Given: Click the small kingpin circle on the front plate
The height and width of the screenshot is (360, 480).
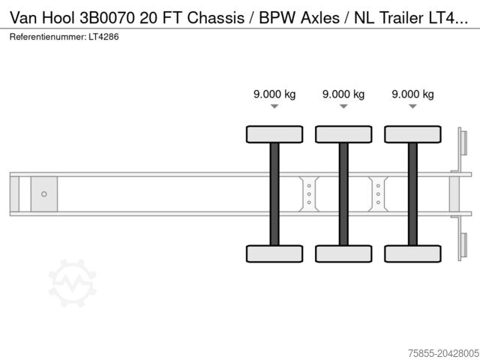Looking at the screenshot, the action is click(44, 194).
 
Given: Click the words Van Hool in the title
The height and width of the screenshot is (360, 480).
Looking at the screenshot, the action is click(42, 18).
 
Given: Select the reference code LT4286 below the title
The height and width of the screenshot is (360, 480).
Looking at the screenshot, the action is click(103, 37).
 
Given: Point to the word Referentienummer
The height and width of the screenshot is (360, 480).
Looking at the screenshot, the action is click(48, 37).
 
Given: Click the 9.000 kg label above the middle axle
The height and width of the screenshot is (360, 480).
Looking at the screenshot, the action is click(343, 94).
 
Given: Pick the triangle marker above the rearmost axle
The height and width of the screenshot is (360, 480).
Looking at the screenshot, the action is click(412, 106).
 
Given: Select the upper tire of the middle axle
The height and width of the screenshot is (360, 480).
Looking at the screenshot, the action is click(343, 134).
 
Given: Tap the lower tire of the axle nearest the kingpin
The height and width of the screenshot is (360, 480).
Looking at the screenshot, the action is click(274, 253).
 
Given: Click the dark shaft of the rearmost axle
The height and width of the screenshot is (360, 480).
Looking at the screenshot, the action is click(412, 194).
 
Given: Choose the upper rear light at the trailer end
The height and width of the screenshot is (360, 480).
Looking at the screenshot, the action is click(463, 143).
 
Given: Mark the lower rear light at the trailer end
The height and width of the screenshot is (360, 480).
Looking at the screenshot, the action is click(463, 245).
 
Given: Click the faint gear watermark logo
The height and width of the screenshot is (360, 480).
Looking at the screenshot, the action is click(73, 283).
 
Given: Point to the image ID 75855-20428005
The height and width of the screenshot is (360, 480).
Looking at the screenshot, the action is click(443, 353).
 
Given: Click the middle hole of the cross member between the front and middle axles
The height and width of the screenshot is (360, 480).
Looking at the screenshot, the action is click(309, 194).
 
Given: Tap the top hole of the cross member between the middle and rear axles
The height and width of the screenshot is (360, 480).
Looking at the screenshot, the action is click(378, 186).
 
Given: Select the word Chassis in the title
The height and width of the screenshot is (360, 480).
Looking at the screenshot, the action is click(215, 18).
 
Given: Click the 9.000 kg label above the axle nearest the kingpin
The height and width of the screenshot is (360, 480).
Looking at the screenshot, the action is click(274, 94).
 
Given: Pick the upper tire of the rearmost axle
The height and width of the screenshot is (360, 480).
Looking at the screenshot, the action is click(412, 134).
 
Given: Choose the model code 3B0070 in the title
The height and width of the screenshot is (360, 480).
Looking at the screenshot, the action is click(106, 18).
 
